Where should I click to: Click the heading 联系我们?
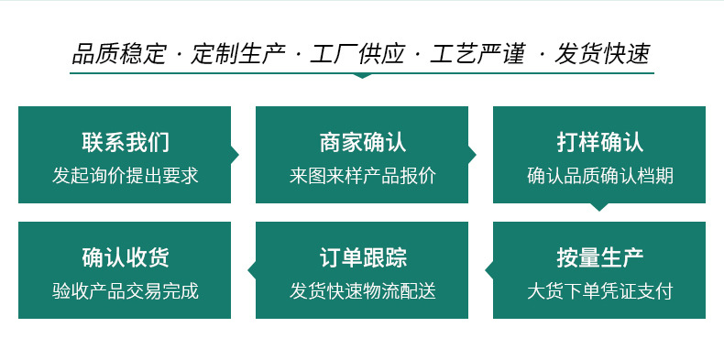[125, 142]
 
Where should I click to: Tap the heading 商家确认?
[362, 142]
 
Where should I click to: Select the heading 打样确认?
[599, 142]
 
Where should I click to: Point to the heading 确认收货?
[125, 257]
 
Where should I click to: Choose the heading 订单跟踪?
[362, 257]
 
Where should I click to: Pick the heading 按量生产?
[599, 257]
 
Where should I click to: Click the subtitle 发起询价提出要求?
[125, 175]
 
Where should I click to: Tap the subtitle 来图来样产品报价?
[362, 175]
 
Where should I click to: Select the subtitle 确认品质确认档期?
[599, 175]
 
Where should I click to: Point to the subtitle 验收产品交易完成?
[125, 291]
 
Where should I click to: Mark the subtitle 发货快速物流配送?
[362, 291]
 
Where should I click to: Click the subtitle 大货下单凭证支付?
[599, 291]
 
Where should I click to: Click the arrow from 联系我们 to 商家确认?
[235, 155]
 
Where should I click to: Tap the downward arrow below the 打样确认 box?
[599, 206]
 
